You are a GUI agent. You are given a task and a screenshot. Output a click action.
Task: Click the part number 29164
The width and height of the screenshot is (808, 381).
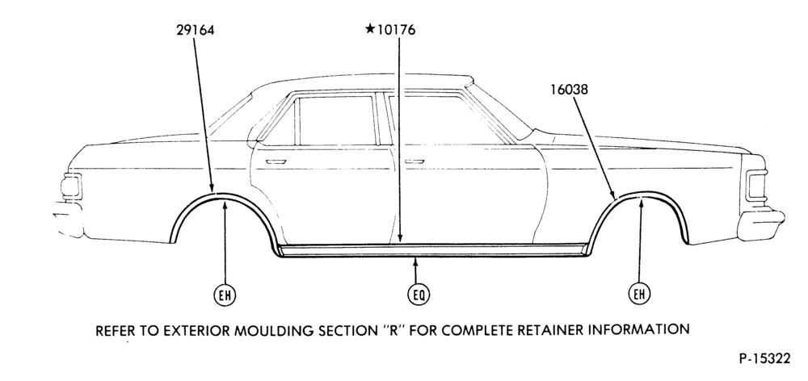click(x=196, y=30)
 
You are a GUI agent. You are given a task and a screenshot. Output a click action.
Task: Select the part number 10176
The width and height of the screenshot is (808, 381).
click(x=396, y=30)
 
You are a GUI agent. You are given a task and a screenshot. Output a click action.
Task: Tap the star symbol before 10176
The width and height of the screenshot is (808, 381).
click(x=370, y=29)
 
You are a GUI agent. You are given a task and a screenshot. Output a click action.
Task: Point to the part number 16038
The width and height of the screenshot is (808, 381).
click(x=569, y=90)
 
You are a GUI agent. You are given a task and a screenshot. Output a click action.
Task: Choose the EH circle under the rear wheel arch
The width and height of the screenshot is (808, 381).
click(x=225, y=295)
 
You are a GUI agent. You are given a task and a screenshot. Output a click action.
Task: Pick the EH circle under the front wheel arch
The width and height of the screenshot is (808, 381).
click(x=639, y=294)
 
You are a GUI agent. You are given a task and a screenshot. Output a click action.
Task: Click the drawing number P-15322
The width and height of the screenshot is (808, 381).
click(x=764, y=358)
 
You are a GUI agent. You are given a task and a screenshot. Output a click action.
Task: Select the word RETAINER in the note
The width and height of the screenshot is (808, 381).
click(x=546, y=329)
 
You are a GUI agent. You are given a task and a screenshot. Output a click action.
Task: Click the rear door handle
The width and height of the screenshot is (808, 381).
click(x=276, y=161)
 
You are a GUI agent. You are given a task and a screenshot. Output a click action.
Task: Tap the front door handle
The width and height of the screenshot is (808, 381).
click(x=414, y=161)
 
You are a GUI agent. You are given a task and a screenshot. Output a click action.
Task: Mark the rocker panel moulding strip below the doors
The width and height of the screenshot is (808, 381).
click(x=433, y=249)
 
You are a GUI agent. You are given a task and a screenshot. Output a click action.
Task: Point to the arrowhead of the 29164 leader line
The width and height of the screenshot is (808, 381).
click(x=212, y=187)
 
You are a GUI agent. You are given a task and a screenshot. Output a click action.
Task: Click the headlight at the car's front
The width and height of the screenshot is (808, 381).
click(x=755, y=186)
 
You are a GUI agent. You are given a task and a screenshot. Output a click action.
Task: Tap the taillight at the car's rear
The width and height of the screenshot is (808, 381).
click(x=71, y=186)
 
